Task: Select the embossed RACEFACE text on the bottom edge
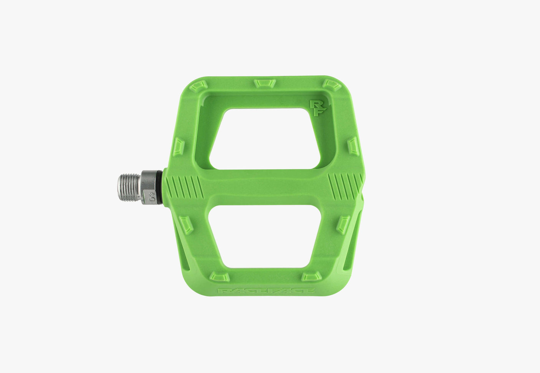[x=266, y=291]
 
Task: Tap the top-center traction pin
[x=265, y=83]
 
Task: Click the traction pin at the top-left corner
[x=199, y=85]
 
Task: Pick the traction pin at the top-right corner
[x=331, y=85]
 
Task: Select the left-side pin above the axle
[x=179, y=147]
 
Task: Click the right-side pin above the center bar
[x=353, y=146]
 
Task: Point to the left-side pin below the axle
[x=186, y=224]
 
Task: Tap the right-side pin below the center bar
[x=343, y=224]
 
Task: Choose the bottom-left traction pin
[x=220, y=276]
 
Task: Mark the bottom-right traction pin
[x=311, y=276]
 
